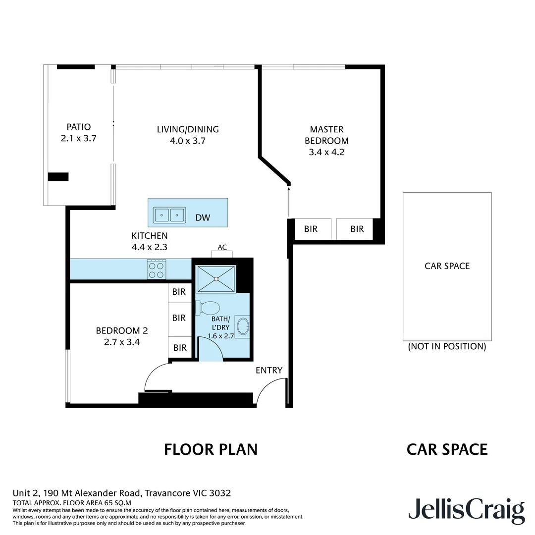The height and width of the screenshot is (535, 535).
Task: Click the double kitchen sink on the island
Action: (169, 215)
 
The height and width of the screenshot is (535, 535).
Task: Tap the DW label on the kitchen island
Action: (202, 217)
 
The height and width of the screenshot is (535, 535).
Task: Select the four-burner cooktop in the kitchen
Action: (157, 269)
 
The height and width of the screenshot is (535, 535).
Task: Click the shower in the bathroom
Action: (216, 279)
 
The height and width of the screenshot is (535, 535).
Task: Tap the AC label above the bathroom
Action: (222, 247)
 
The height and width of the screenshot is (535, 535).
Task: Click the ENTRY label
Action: (269, 370)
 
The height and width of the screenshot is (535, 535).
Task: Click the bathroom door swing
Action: (210, 349)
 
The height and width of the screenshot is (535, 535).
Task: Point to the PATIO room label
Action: (79, 127)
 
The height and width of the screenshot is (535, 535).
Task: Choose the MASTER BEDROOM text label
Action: (326, 135)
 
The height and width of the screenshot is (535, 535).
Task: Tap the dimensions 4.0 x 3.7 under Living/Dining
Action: (187, 141)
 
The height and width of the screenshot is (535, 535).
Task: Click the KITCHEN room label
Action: (149, 236)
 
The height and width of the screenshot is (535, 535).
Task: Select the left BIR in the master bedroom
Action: (311, 229)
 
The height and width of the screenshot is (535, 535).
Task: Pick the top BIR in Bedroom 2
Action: (179, 292)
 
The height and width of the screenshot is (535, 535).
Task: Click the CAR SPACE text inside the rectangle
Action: (447, 266)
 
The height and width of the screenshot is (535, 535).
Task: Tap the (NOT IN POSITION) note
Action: (447, 346)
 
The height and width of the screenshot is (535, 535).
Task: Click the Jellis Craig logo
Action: (466, 510)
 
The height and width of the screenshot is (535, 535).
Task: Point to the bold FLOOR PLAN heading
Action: (211, 449)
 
